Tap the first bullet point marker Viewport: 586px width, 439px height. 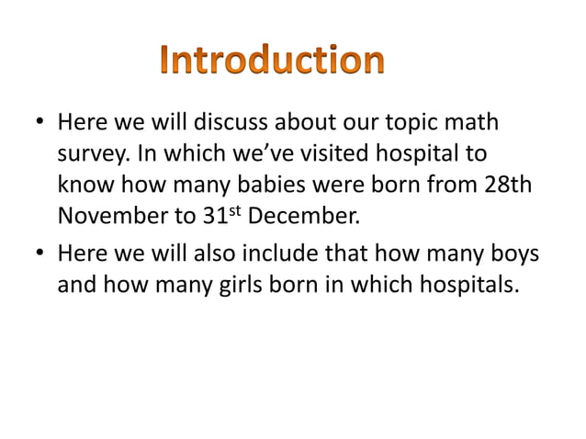pos(41,123)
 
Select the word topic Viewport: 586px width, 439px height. pos(427,123)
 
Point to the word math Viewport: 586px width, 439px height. pos(485,123)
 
